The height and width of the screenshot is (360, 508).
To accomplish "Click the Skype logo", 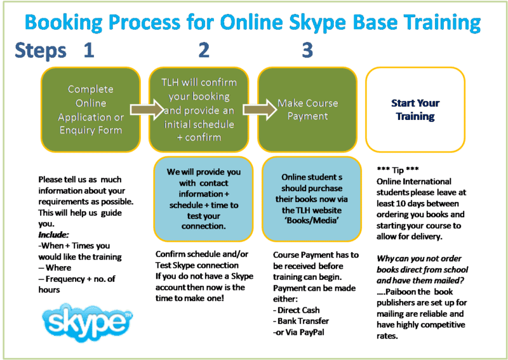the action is click(x=88, y=323).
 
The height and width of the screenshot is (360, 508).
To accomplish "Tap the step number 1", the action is click(x=89, y=50).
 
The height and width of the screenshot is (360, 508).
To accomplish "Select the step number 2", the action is click(x=204, y=50).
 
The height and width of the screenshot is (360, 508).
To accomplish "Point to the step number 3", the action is click(x=307, y=50).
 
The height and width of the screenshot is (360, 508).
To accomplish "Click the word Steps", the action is click(x=41, y=51).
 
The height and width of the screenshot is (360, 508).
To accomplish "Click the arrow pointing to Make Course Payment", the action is click(x=260, y=109).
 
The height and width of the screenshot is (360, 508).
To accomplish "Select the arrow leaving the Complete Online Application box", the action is click(x=147, y=109).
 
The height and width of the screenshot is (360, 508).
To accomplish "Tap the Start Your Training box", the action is click(x=415, y=109).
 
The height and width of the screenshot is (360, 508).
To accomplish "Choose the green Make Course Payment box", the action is click(x=307, y=109).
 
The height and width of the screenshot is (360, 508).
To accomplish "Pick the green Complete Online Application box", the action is click(x=91, y=109).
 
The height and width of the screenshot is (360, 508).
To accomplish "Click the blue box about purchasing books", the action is click(x=312, y=199).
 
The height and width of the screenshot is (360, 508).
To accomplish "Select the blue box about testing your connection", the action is click(x=203, y=199).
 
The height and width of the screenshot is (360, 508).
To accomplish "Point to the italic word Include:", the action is click(x=53, y=234).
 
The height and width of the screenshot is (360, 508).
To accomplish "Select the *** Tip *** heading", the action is click(x=398, y=170).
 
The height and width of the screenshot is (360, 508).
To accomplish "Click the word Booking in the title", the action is click(x=63, y=23).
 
